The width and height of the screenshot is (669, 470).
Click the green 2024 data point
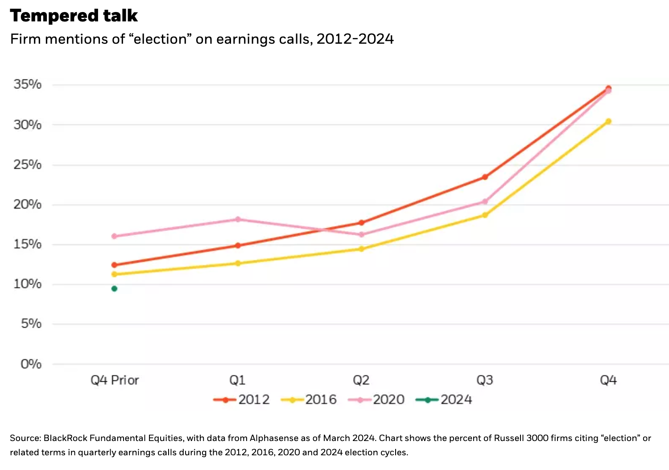114,289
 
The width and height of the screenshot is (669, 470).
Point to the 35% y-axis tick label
27,84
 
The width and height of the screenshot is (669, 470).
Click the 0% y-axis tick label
31,364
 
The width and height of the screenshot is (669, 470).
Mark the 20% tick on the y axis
27,204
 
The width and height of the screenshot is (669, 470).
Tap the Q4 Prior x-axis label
115,380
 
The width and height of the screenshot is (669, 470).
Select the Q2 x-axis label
361,380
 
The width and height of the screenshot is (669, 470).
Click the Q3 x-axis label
485,380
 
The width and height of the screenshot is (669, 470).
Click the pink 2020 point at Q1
238,219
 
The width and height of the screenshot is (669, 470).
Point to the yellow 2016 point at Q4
608,121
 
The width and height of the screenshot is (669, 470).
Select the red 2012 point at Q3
485,177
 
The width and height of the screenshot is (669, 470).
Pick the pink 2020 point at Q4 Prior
114,236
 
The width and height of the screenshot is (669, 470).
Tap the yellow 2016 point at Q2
361,249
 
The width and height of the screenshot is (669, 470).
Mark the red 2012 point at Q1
238,245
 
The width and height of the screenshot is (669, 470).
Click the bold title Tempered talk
74,16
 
